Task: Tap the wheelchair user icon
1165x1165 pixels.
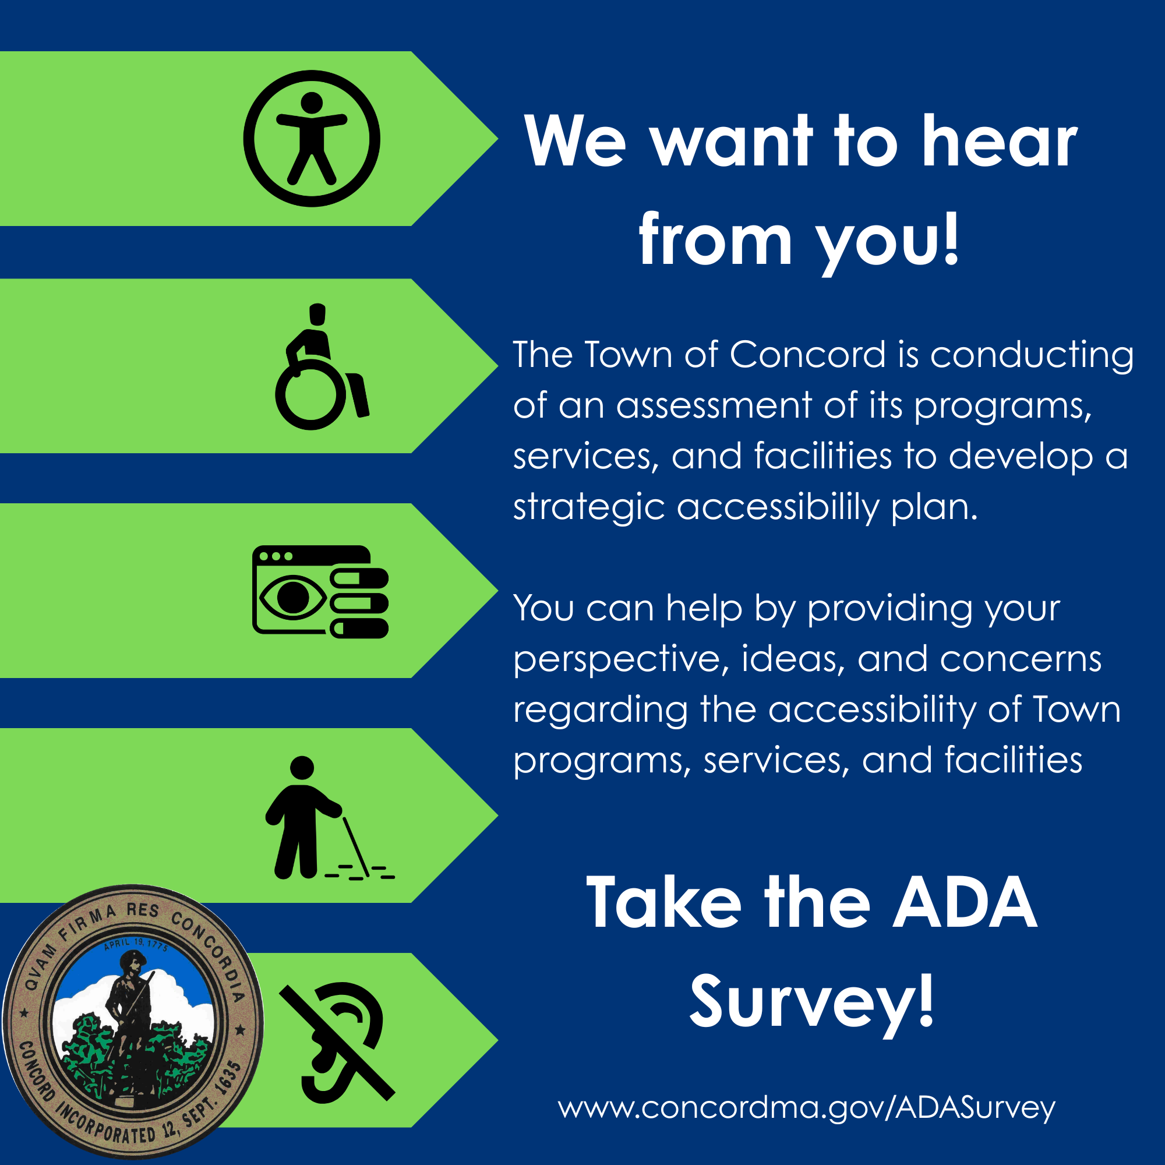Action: pos(322,366)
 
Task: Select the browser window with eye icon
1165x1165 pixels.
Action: pos(320,592)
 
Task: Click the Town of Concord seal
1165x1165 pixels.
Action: pos(133,1022)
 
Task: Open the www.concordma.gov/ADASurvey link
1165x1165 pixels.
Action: pos(806,1108)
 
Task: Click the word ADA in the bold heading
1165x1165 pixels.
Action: pos(965,903)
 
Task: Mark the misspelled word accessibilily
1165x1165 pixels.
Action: pos(778,508)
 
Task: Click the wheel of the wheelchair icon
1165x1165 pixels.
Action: pos(310,395)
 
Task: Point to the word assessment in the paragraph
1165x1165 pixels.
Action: pos(714,406)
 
